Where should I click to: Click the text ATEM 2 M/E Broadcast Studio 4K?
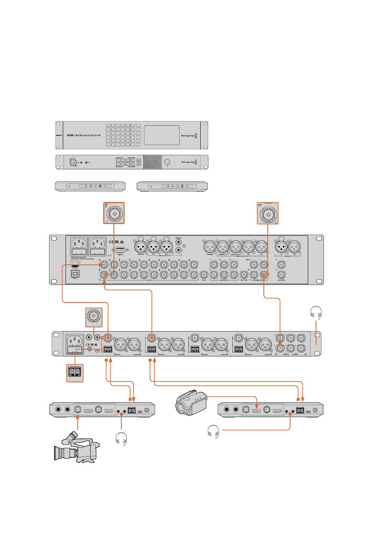click(83, 135)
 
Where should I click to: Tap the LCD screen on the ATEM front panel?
click(162, 135)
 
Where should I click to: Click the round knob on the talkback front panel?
click(168, 162)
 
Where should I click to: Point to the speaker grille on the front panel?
click(152, 162)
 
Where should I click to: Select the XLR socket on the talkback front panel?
click(73, 162)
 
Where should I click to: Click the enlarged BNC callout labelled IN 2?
click(114, 213)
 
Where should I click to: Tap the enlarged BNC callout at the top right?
click(268, 213)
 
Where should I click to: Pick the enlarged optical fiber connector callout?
click(75, 372)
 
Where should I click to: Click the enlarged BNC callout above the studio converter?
click(94, 317)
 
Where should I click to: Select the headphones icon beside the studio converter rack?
click(316, 313)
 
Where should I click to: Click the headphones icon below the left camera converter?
click(122, 439)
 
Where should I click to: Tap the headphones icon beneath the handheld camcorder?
click(213, 431)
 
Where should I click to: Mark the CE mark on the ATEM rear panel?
click(111, 242)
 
